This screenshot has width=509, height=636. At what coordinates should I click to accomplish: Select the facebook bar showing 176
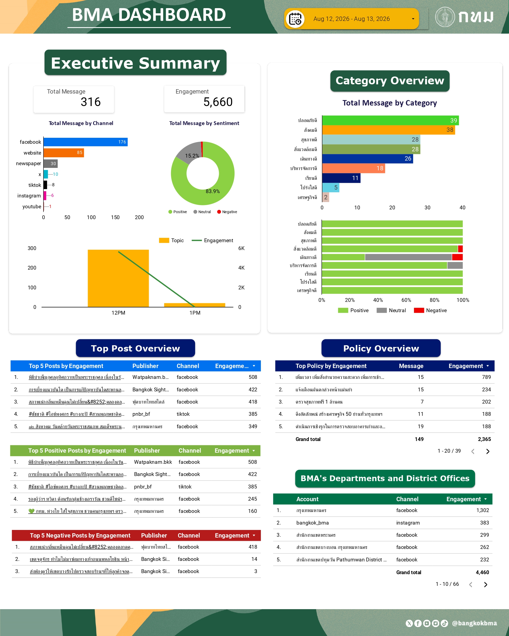(x=86, y=142)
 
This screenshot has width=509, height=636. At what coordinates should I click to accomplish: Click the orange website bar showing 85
(x=64, y=152)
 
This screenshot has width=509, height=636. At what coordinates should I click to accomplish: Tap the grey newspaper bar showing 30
(x=51, y=164)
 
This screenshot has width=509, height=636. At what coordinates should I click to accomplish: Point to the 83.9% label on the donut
(x=213, y=191)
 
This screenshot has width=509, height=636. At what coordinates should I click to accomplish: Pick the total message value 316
(x=91, y=102)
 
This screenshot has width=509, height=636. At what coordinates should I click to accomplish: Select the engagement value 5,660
(x=218, y=102)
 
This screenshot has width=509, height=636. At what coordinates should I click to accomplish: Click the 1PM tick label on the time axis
(x=195, y=313)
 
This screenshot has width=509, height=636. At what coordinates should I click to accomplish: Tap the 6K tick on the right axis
(x=242, y=248)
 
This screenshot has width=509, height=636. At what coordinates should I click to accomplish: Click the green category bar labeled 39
(x=391, y=120)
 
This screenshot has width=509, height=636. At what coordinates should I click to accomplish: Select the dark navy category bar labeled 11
(x=341, y=178)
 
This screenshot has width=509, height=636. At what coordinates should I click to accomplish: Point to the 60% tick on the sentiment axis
(x=406, y=300)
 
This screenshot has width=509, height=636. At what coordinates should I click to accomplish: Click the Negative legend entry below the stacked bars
(x=431, y=310)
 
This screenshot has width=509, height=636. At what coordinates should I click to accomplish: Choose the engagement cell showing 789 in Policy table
(x=486, y=377)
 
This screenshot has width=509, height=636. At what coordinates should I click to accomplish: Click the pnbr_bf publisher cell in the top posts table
(x=141, y=414)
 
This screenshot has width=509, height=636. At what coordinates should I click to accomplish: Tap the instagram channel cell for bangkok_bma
(x=408, y=523)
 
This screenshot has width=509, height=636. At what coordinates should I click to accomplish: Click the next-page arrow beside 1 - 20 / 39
(x=488, y=451)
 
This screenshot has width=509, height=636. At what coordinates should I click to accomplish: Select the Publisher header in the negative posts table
(x=154, y=535)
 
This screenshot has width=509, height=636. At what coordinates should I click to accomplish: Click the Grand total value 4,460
(x=482, y=572)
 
